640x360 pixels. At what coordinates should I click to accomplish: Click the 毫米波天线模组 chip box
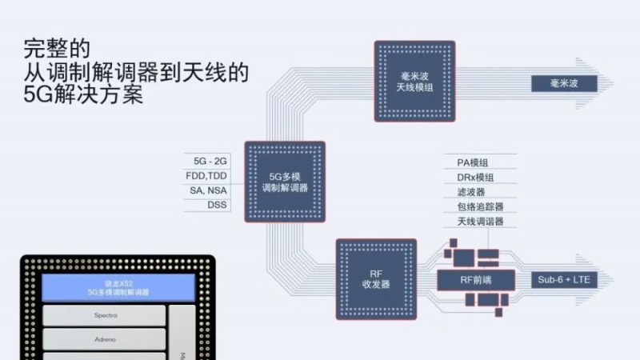[x=415, y=81]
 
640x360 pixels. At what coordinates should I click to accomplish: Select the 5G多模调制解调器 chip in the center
[x=285, y=182]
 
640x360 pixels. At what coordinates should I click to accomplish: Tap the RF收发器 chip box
[x=376, y=278]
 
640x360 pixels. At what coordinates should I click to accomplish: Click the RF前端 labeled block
[x=475, y=279]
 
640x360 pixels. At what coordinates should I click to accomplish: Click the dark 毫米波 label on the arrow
[x=564, y=82]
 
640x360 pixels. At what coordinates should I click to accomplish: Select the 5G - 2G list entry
[x=206, y=161]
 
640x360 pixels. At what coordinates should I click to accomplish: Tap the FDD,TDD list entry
[x=206, y=175]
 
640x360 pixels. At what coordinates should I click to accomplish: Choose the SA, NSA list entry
[x=206, y=190]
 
